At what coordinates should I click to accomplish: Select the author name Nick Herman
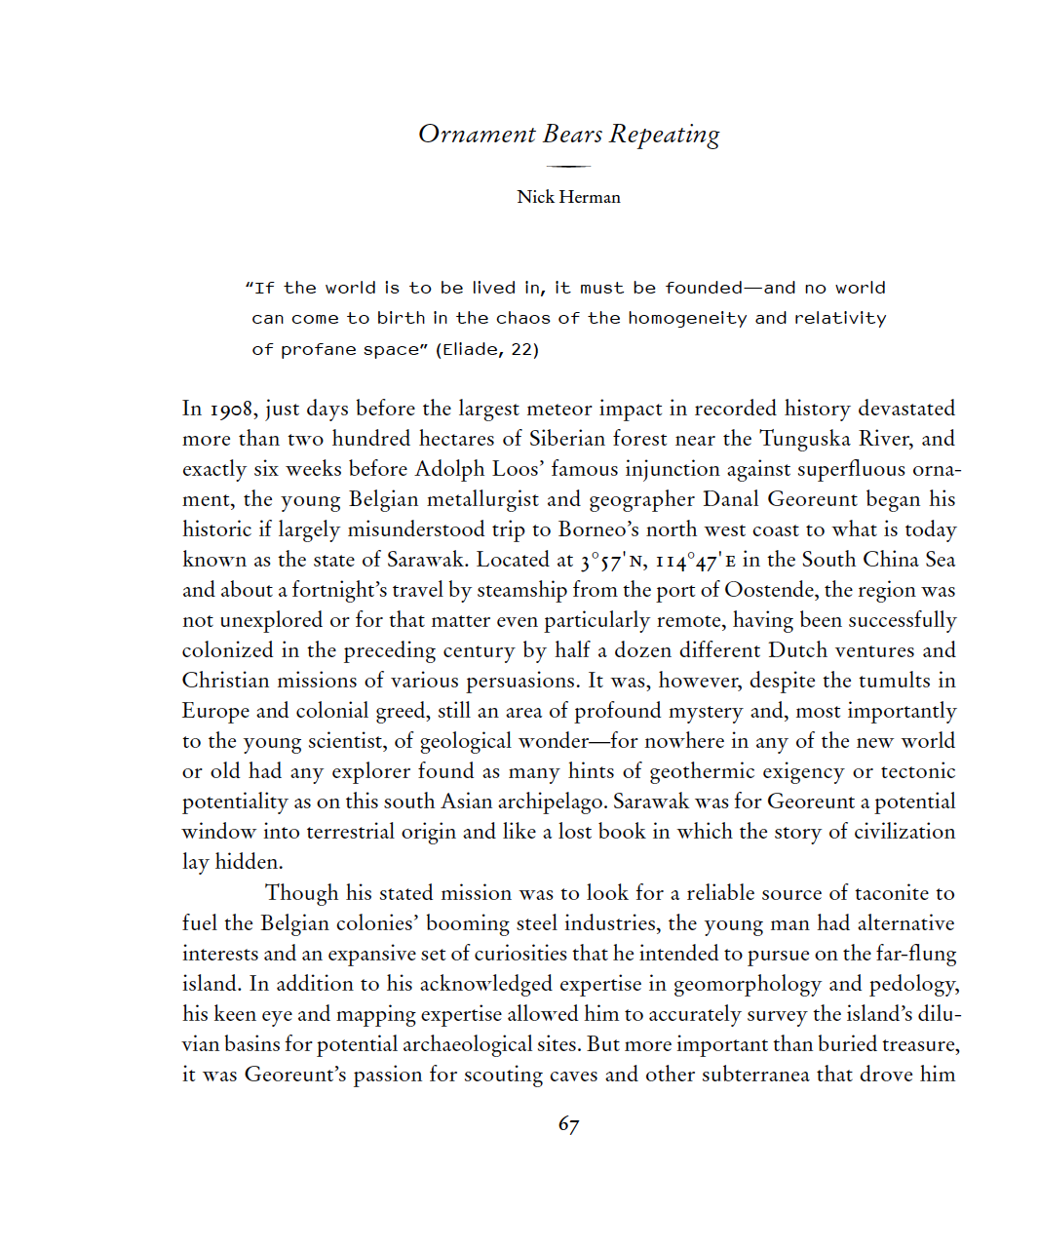point(568,197)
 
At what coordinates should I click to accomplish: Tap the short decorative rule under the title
point(568,167)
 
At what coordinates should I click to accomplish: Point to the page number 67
point(568,1124)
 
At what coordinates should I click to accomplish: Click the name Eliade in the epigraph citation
point(472,349)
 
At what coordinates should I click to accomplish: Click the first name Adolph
point(450,469)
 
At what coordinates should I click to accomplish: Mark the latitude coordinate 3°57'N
point(613,561)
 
